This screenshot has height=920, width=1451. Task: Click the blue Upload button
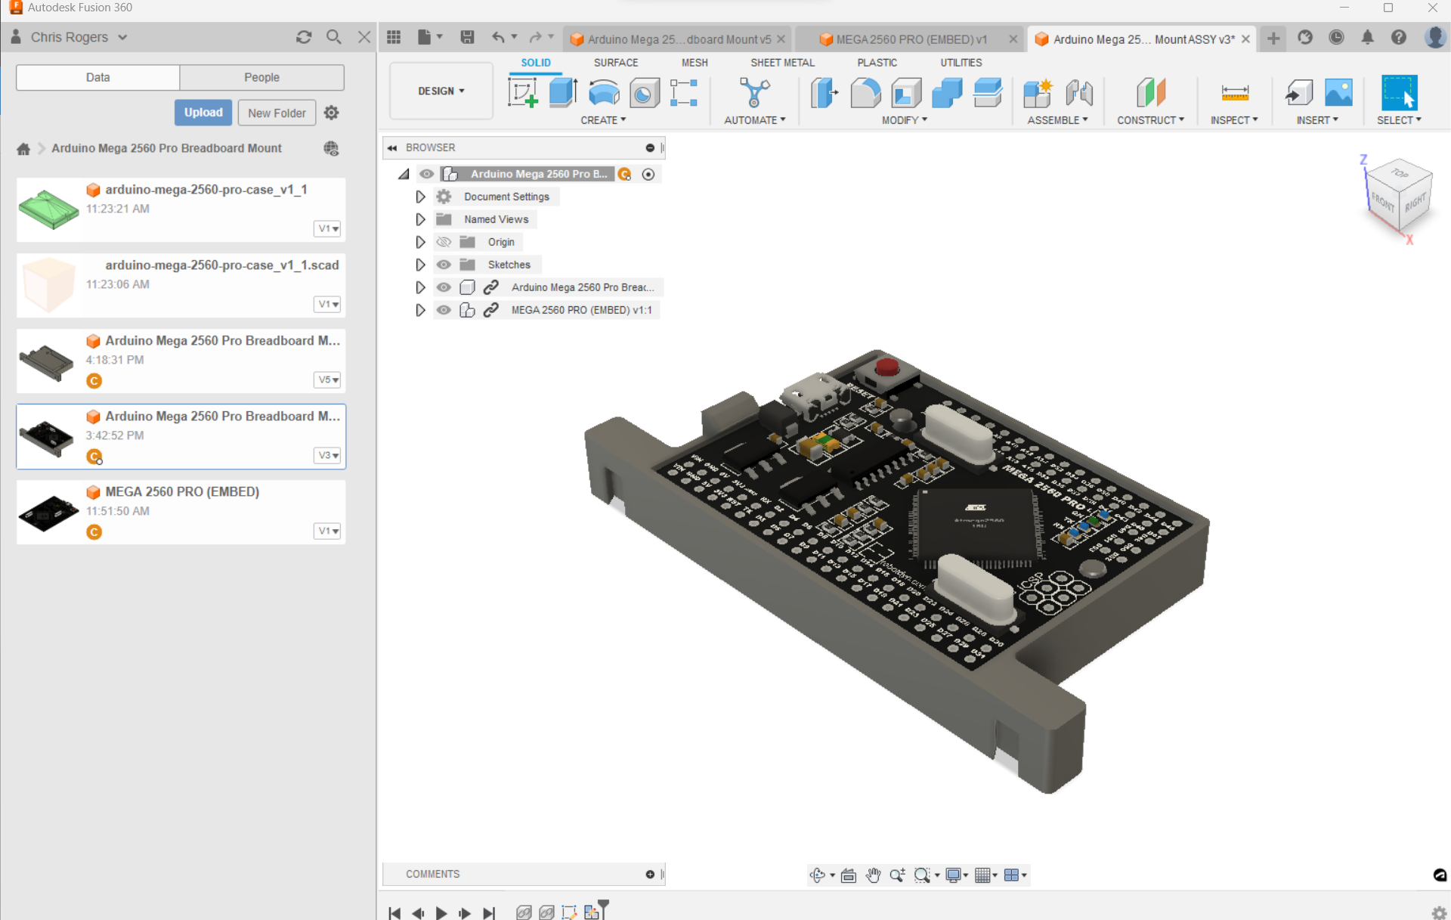pyautogui.click(x=203, y=113)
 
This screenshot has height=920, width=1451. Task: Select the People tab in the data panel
pyautogui.click(x=261, y=77)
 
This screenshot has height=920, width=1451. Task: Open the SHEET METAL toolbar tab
pyautogui.click(x=782, y=63)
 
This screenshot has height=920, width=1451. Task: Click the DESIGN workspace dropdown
pyautogui.click(x=441, y=91)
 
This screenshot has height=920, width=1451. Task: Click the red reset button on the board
pyautogui.click(x=886, y=367)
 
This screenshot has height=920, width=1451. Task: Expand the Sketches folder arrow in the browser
pyautogui.click(x=420, y=265)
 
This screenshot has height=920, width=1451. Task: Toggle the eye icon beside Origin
pyautogui.click(x=444, y=242)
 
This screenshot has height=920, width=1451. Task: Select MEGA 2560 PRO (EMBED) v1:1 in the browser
pyautogui.click(x=580, y=310)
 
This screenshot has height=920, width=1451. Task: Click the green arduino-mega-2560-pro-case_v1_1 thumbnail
pyautogui.click(x=48, y=209)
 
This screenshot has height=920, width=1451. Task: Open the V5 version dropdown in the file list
pyautogui.click(x=327, y=379)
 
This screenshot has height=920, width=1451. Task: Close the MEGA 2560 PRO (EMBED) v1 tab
pyautogui.click(x=1013, y=39)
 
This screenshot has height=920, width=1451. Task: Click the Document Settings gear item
pyautogui.click(x=506, y=197)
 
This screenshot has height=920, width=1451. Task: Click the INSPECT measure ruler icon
pyautogui.click(x=1234, y=93)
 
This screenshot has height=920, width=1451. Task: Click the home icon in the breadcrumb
pyautogui.click(x=23, y=149)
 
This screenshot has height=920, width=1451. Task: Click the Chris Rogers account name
pyautogui.click(x=70, y=37)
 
